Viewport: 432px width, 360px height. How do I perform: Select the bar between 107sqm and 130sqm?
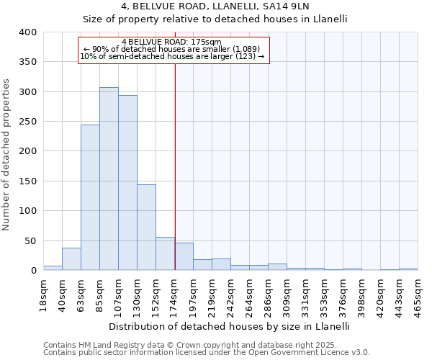[127, 183]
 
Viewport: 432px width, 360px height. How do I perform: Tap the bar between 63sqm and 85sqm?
[90, 197]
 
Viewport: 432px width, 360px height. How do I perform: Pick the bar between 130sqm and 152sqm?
[146, 228]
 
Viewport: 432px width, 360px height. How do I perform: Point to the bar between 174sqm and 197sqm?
[184, 257]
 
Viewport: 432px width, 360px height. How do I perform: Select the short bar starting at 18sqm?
[53, 268]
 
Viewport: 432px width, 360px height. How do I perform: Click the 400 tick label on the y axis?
[27, 33]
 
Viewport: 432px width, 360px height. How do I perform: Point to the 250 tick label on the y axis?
[27, 122]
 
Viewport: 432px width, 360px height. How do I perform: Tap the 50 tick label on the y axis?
[30, 240]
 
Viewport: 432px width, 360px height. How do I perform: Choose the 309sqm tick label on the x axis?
[287, 293]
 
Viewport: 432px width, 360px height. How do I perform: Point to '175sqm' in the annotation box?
[207, 42]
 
